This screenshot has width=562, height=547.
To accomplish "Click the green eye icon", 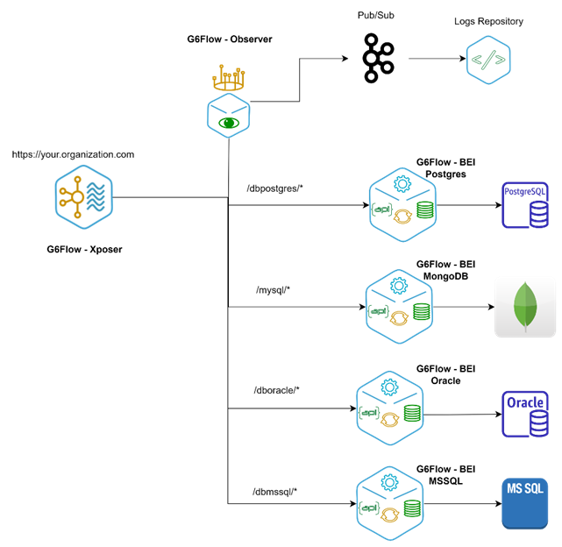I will [x=228, y=123].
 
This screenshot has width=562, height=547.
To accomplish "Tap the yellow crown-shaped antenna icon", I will [x=229, y=80].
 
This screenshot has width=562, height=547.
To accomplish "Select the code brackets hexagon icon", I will [x=488, y=60].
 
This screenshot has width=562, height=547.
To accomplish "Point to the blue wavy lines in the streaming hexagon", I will [x=97, y=198].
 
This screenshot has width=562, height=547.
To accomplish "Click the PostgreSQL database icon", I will [x=524, y=205].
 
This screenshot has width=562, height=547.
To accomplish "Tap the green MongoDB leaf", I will [x=525, y=308].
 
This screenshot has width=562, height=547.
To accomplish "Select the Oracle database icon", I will [x=524, y=413].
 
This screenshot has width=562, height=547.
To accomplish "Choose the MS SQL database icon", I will [x=524, y=503].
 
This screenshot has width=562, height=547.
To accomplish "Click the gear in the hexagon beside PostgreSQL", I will [x=402, y=184].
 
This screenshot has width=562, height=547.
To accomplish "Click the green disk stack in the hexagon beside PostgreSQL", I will [x=424, y=210].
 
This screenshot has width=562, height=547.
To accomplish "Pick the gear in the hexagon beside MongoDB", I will [x=399, y=285].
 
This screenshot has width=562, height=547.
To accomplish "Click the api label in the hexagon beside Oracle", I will [x=370, y=411].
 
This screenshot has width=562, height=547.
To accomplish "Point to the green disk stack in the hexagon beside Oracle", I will [x=412, y=412].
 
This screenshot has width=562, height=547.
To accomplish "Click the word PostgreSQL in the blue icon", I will [x=524, y=190].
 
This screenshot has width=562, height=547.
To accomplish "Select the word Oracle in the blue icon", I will [x=524, y=402].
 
